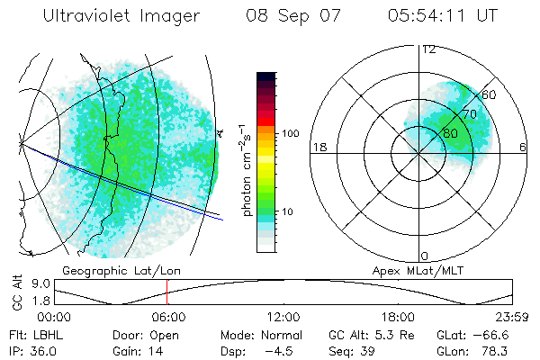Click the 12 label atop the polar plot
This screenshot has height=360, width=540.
[428, 49]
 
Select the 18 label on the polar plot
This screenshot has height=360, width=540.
[319, 147]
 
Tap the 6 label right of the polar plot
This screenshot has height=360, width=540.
[523, 147]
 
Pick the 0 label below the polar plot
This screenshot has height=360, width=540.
[425, 256]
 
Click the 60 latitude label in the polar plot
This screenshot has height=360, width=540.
[489, 94]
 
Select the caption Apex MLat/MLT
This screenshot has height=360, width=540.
[413, 270]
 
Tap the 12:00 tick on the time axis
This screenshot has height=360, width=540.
[283, 317]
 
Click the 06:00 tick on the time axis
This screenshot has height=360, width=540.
[168, 317]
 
